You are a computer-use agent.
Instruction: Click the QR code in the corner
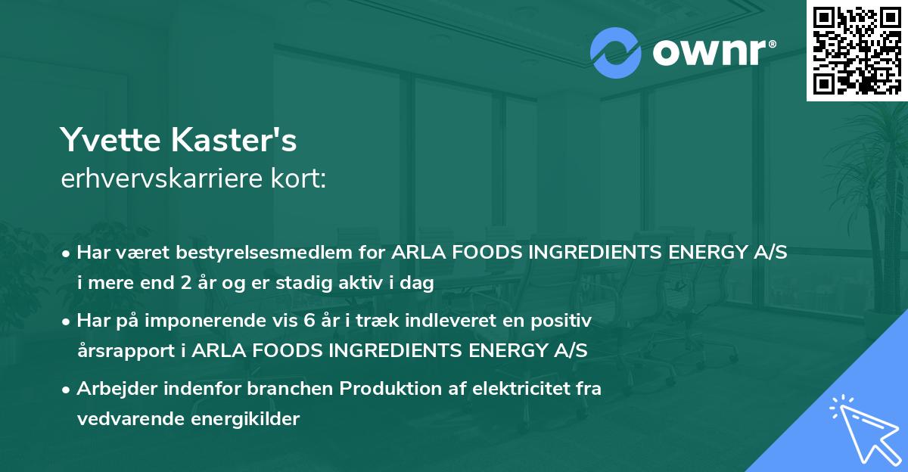[857, 50]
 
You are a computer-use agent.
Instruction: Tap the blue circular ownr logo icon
[616, 52]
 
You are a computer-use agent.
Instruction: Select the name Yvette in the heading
[107, 141]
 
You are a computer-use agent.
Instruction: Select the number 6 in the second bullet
[308, 321]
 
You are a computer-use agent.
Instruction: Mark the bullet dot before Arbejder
[67, 390]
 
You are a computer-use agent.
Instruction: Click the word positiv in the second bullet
[564, 321]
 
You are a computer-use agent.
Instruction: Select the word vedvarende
[123, 419]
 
